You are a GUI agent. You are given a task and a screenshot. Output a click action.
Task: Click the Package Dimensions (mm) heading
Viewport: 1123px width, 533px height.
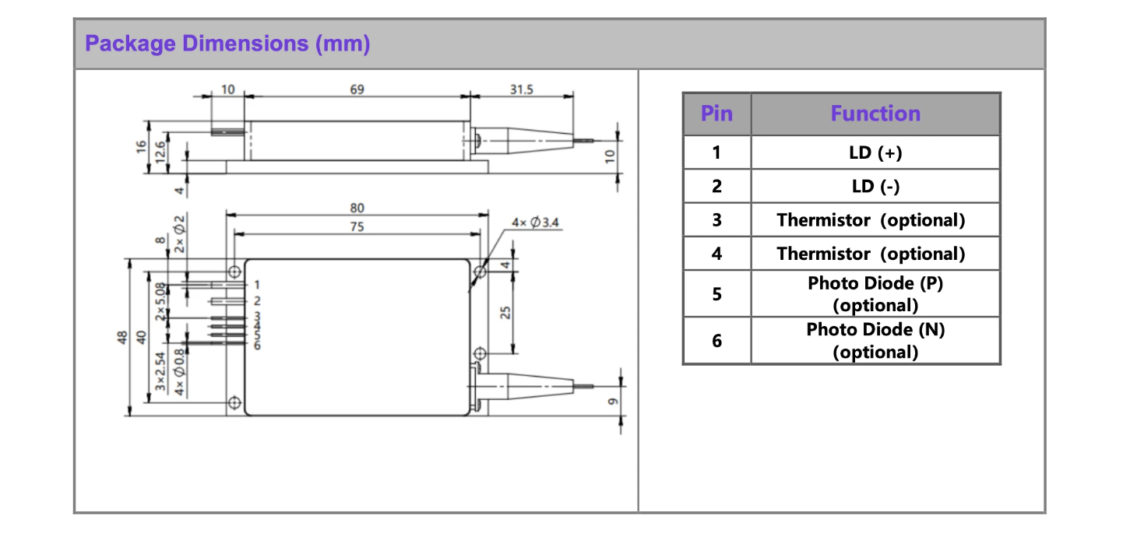pyautogui.click(x=227, y=44)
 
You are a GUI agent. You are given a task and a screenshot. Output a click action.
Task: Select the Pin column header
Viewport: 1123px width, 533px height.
pyautogui.click(x=716, y=114)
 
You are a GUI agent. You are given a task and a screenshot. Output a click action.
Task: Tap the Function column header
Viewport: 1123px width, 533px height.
pyautogui.click(x=875, y=114)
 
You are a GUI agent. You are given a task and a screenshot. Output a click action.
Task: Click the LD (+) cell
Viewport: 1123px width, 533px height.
pyautogui.click(x=875, y=153)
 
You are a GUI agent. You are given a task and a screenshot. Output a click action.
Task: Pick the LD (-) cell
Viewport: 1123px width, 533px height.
pyautogui.click(x=875, y=186)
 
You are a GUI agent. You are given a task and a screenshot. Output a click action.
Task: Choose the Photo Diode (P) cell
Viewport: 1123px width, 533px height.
pyautogui.click(x=875, y=293)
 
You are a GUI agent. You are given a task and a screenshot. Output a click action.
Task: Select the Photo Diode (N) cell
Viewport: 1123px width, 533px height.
pyautogui.click(x=875, y=340)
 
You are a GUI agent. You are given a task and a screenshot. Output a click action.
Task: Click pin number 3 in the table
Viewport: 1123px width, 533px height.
pyautogui.click(x=716, y=220)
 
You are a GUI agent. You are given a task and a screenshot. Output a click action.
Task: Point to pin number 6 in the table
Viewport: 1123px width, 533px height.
pyautogui.click(x=716, y=340)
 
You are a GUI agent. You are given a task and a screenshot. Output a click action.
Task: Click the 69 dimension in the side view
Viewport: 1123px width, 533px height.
pyautogui.click(x=357, y=89)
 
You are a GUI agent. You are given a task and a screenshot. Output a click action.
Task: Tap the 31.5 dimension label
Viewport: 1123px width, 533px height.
pyautogui.click(x=521, y=89)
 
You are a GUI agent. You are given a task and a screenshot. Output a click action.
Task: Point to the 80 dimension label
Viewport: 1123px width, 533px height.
pyautogui.click(x=357, y=208)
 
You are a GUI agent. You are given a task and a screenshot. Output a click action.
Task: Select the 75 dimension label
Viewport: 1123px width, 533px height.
pyautogui.click(x=357, y=226)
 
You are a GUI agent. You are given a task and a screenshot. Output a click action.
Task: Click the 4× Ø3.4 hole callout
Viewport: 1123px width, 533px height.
pyautogui.click(x=535, y=223)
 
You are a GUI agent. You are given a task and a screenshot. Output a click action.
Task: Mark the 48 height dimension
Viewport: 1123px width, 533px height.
pyautogui.click(x=121, y=338)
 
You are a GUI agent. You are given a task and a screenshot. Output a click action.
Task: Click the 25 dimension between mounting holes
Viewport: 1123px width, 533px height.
pyautogui.click(x=505, y=312)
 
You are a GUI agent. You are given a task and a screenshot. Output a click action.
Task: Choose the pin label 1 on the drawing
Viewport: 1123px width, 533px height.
pyautogui.click(x=256, y=286)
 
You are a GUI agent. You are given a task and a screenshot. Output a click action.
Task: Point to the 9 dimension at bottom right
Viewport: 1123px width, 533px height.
pyautogui.click(x=611, y=402)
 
